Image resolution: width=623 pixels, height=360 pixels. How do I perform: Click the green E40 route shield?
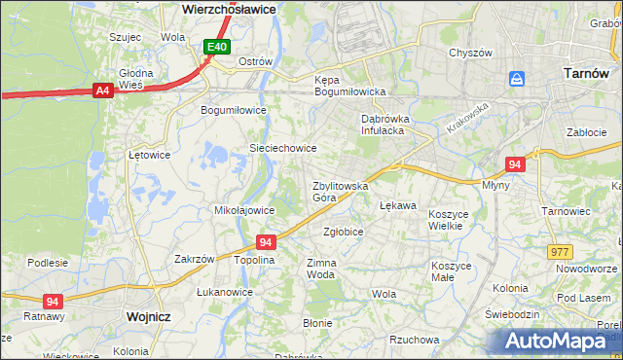tap(217, 47)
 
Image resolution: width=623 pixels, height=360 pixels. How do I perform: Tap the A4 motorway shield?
tap(101, 90)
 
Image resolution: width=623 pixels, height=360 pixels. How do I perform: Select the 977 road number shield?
tap(560, 252)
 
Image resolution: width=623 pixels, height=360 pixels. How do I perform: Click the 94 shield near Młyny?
tap(516, 164)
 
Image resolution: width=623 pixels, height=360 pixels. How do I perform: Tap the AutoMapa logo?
tap(560, 341)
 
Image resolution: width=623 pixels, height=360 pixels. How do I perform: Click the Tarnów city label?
tap(587, 73)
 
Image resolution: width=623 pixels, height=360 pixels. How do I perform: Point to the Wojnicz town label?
tap(149, 317)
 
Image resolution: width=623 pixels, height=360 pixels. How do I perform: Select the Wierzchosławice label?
tap(229, 8)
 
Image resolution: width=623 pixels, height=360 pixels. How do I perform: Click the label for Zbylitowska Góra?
tap(339, 191)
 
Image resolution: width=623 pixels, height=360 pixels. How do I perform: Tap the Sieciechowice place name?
tap(283, 148)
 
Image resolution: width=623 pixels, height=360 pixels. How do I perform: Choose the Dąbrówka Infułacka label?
tap(388, 123)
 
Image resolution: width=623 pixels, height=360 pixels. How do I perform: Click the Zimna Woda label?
tap(321, 269)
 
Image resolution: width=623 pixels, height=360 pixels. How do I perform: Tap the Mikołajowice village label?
tap(242, 209)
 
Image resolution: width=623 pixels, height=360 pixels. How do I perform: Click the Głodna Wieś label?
tap(136, 79)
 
